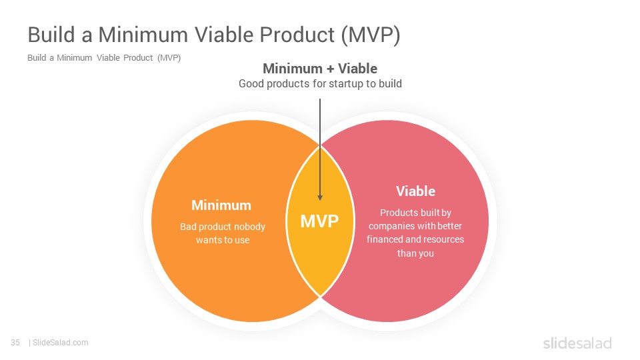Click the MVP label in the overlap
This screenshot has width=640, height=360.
[x=319, y=221]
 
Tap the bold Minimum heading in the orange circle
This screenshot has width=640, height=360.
[x=221, y=205]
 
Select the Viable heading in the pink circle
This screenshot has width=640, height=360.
[x=415, y=191]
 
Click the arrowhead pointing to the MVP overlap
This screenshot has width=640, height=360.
[x=320, y=197]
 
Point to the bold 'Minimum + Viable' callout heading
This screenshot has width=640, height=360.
[x=320, y=69]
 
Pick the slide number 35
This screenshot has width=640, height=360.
[x=15, y=343]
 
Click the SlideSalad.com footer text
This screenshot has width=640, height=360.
[x=61, y=343]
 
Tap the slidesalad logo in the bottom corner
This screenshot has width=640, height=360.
[x=577, y=343]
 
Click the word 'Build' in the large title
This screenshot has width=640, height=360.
[x=52, y=34]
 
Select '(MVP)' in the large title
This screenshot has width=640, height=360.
[x=371, y=35]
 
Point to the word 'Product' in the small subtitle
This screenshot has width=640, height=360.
[x=138, y=58]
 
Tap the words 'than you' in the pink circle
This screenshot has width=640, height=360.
[x=415, y=253]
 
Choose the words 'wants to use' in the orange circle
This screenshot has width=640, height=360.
[x=223, y=240]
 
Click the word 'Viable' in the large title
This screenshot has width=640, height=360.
[x=224, y=34]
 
